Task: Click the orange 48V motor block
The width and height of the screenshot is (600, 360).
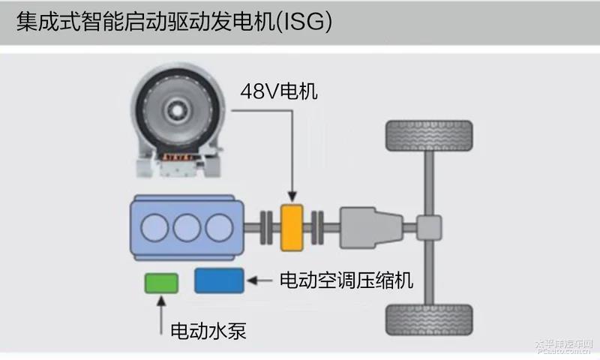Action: (x=291, y=227)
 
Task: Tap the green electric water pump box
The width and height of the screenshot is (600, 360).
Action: (x=161, y=283)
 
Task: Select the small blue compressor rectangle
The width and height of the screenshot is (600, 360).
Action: (x=219, y=280)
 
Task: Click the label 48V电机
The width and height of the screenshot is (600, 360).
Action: (x=279, y=92)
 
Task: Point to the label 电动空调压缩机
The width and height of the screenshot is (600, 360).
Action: (x=346, y=280)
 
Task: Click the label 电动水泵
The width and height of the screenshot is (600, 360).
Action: (x=208, y=330)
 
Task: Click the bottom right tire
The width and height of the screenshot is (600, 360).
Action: (x=428, y=319)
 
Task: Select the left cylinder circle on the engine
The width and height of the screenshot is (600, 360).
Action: (x=160, y=227)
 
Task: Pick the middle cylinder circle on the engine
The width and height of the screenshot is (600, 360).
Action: (x=189, y=227)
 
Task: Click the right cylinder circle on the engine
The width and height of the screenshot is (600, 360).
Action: (x=217, y=227)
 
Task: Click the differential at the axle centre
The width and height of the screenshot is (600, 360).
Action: (x=430, y=227)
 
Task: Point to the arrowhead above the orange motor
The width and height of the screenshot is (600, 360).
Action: (x=291, y=196)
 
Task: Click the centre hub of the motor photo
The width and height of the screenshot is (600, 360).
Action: (x=178, y=112)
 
